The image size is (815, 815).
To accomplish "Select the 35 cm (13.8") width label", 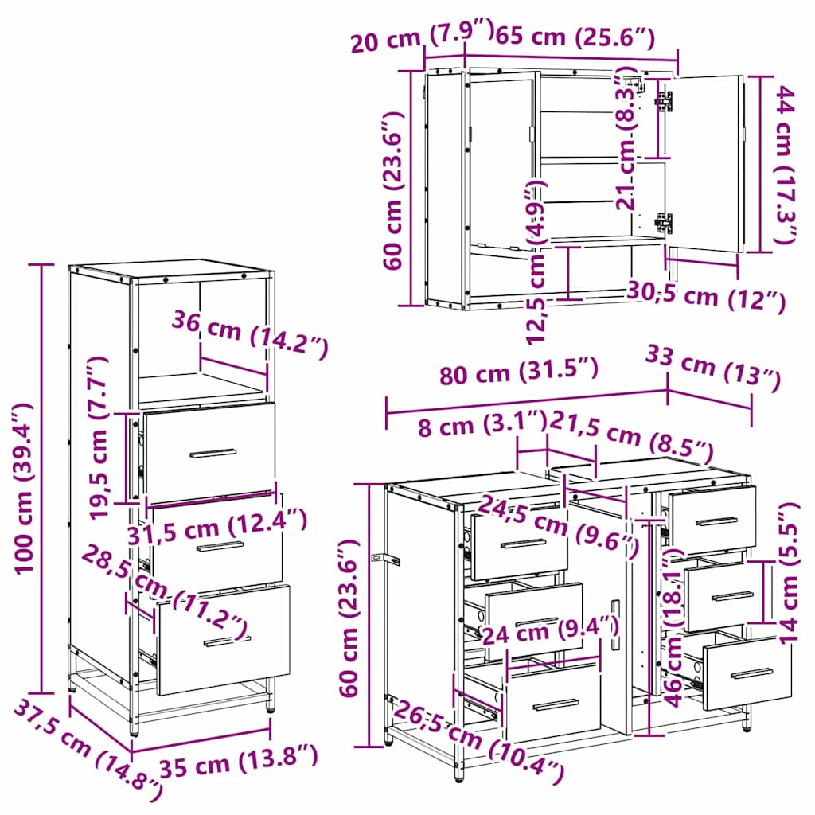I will (239, 763).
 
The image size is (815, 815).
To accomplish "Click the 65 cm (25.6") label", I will (575, 36).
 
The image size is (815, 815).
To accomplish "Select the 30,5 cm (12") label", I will (707, 296).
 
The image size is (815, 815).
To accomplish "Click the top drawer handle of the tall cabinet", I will (213, 453).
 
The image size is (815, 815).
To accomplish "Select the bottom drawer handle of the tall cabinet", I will (227, 641).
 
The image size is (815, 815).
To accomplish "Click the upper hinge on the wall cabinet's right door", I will (664, 100).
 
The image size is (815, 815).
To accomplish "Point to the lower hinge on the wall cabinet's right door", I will (664, 223).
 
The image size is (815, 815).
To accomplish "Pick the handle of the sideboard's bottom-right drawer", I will (751, 673).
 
